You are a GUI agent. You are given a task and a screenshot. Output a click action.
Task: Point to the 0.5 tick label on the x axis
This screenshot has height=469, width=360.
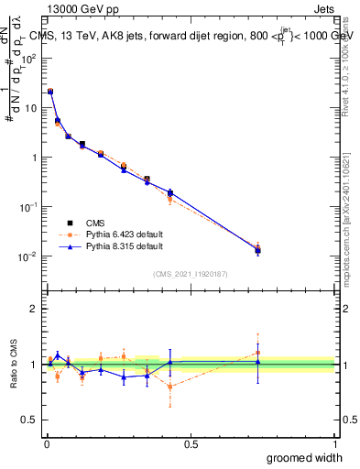pos(191,443)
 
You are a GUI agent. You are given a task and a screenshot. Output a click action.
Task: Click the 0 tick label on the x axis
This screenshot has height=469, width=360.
pos(46,443)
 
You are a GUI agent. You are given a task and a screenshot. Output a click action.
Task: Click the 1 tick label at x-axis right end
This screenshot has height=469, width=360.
pos(334,443)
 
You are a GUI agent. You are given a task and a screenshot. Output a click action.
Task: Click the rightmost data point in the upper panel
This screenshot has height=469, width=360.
pos(257,250)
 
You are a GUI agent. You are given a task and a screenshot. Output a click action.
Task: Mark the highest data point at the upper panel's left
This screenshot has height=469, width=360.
pos(50,92)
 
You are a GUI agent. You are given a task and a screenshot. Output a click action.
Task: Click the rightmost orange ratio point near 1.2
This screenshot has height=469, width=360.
pos(257,353)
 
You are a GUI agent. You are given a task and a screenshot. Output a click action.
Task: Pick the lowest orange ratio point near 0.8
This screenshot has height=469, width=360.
pos(170,387)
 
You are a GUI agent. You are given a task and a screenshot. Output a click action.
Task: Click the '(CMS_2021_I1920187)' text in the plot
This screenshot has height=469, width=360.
pos(191,273)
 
